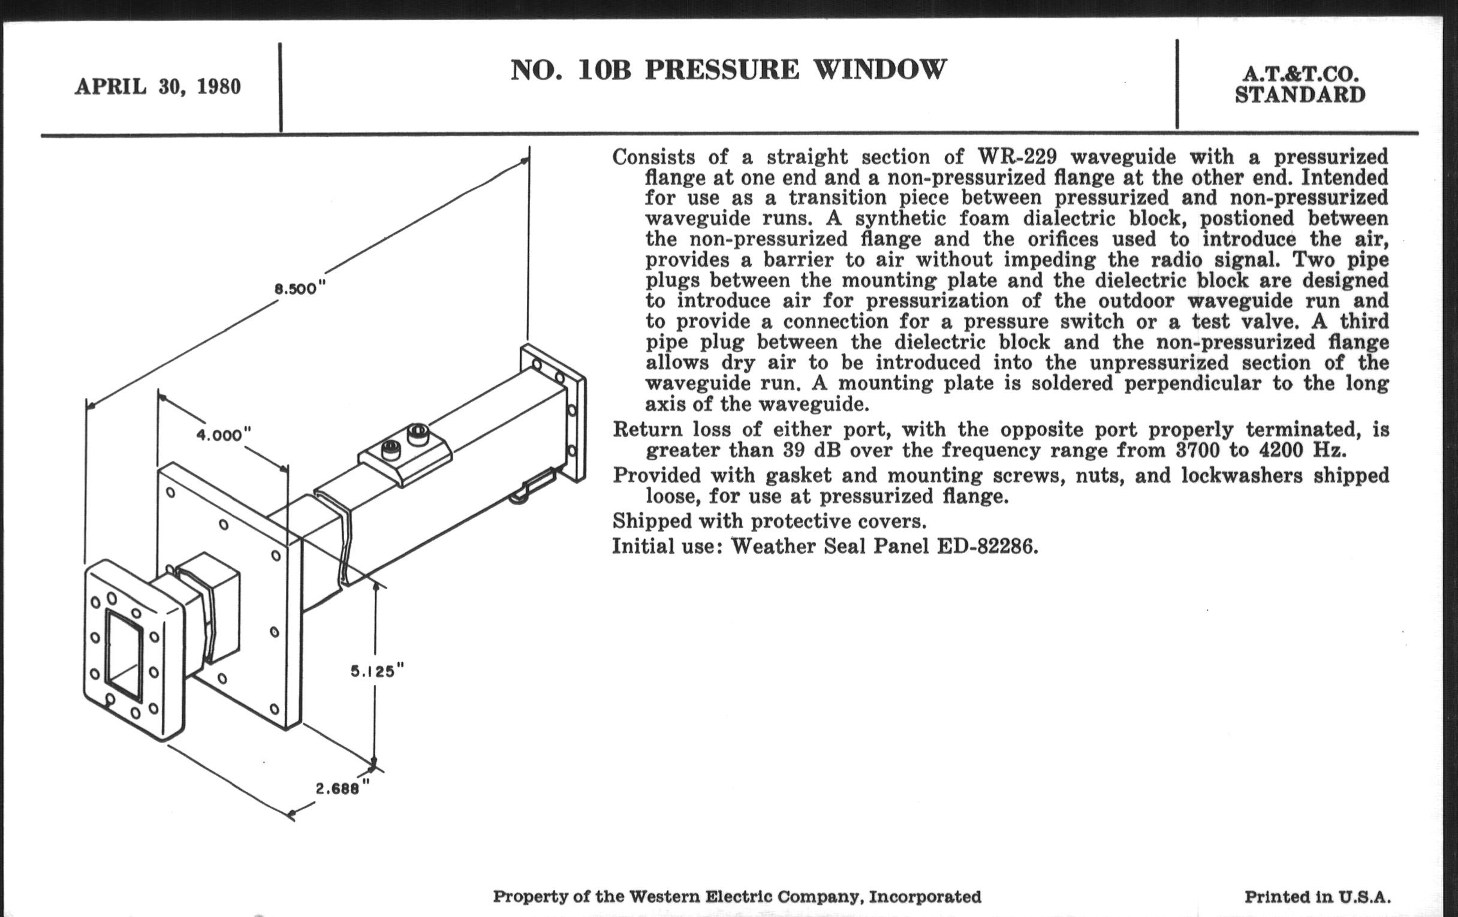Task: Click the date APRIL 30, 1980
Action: tap(158, 87)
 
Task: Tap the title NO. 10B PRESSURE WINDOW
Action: tap(728, 70)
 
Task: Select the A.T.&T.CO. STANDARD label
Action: tap(1300, 85)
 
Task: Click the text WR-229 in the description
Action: tap(1017, 157)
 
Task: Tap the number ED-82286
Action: tap(987, 546)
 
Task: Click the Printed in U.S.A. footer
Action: tap(1317, 897)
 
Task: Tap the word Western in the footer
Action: tap(664, 897)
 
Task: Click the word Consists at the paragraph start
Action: tap(653, 157)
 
